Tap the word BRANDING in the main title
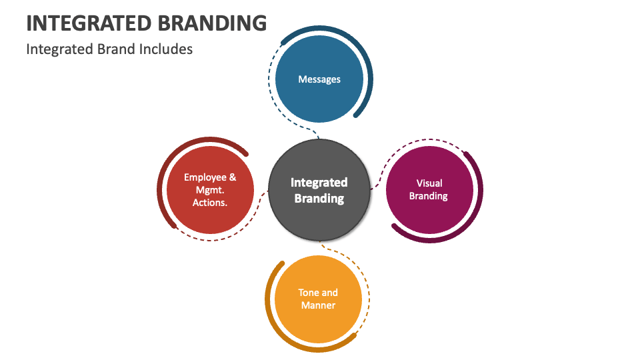(x=213, y=23)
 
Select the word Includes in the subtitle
(x=167, y=49)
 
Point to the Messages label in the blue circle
(x=319, y=79)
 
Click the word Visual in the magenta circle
(x=429, y=183)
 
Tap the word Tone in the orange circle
(x=309, y=293)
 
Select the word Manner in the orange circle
(x=319, y=305)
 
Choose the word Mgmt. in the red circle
(x=210, y=190)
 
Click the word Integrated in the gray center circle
(x=319, y=182)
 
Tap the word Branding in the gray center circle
(x=319, y=198)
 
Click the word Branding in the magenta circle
(x=429, y=196)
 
